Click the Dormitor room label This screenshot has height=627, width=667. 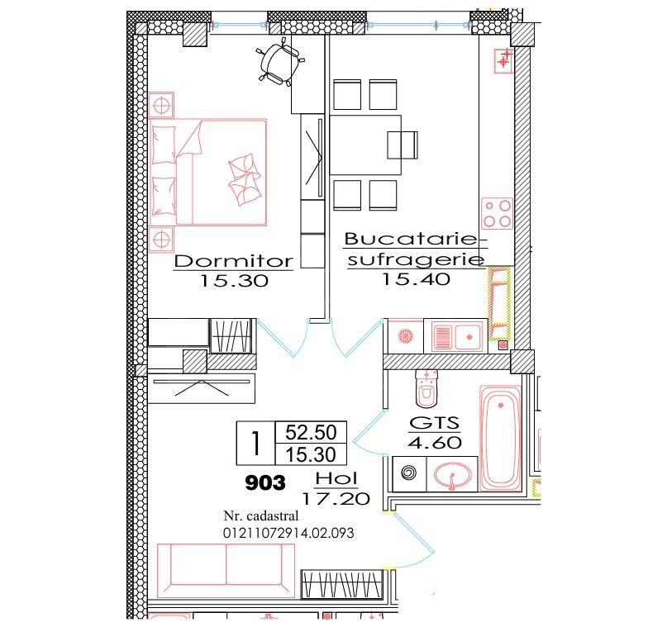pos(234,261)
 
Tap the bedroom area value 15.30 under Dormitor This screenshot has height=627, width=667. pos(234,281)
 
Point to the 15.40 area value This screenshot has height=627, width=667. pos(415,279)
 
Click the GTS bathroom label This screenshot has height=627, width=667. pos(434,424)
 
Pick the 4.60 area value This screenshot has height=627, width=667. pos(434,443)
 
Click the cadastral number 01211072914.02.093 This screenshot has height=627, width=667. pos(288,533)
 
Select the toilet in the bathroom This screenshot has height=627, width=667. pos(426,387)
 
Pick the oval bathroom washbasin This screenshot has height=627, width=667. pos(451,474)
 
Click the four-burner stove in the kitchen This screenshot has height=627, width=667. pos(498,213)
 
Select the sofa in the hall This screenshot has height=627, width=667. pos(226,569)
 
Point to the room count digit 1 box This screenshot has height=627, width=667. pos(256,443)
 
